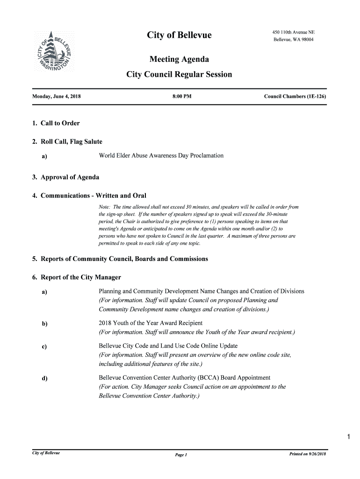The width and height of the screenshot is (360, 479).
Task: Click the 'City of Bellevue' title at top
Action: [179, 36]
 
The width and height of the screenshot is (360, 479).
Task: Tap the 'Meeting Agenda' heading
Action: [179, 59]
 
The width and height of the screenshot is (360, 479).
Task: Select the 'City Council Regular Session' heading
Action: [179, 74]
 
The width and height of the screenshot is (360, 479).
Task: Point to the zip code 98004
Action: [306, 40]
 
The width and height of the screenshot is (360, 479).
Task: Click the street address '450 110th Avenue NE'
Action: [294, 32]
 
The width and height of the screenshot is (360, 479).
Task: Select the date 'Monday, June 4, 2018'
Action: [57, 96]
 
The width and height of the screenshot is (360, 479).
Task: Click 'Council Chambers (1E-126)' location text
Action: [295, 96]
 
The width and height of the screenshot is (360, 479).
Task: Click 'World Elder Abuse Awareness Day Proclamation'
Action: [161, 155]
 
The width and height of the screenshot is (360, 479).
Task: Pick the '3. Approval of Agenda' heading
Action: [65, 177]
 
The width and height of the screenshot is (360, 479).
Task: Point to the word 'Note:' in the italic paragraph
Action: [105, 207]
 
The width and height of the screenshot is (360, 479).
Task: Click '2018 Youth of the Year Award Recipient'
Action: [151, 323]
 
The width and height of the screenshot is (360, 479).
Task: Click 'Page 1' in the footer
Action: [180, 455]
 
